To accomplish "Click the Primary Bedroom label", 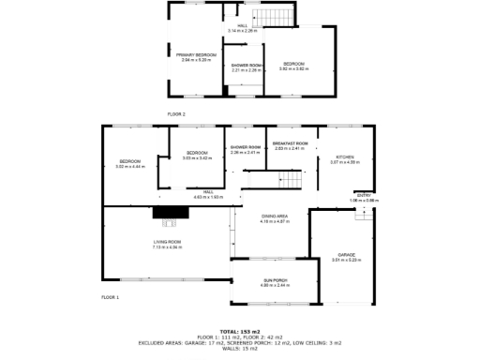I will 197,56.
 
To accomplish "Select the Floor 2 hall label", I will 242,27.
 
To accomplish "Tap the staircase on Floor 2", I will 275,18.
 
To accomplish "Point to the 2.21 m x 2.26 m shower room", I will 247,67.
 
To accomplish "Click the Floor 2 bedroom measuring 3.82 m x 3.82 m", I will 294,66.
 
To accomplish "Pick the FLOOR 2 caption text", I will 177,113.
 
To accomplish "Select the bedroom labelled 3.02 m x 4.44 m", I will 129,163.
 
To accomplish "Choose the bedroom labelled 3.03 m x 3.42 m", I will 197,155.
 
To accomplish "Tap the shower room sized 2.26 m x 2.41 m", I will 245,149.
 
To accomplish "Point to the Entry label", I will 364,197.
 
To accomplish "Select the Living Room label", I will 167,245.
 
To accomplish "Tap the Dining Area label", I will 274,218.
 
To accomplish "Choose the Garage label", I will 346,256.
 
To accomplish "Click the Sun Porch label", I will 274,281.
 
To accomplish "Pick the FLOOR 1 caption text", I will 111,296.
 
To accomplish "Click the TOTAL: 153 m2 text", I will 240,331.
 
